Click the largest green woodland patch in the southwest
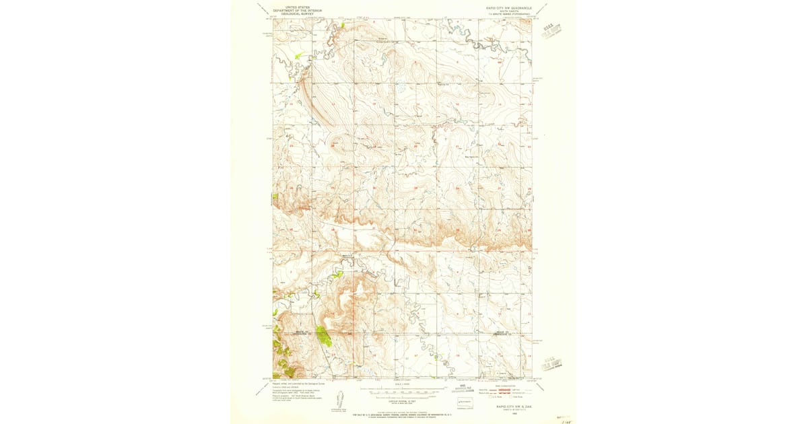(323, 335)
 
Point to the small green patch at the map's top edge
(343, 26)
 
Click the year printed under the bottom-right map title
(510, 413)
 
